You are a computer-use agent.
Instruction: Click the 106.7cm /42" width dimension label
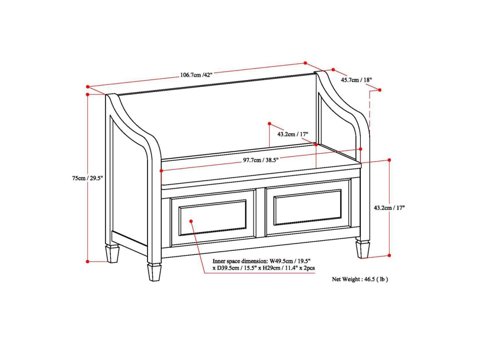(x=196, y=75)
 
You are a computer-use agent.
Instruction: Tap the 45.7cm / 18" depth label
(x=356, y=80)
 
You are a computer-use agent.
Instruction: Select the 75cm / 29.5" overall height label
(x=88, y=178)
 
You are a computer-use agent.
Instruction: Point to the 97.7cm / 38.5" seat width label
(x=261, y=160)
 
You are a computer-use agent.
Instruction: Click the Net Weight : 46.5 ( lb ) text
(x=360, y=279)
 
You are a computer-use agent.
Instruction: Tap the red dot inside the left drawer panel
(x=191, y=221)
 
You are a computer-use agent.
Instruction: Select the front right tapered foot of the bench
(x=362, y=249)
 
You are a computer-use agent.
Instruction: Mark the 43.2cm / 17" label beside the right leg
(x=389, y=208)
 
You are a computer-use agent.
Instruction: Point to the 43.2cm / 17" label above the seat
(x=293, y=134)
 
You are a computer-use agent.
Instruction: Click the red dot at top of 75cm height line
(x=88, y=94)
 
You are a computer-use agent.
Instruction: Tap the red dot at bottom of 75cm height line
(x=88, y=262)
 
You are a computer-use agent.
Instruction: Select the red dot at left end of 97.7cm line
(x=161, y=170)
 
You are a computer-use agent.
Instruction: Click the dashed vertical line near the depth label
(x=370, y=109)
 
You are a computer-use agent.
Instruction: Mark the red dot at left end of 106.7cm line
(x=88, y=86)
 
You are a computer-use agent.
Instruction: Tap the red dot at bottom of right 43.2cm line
(x=389, y=255)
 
